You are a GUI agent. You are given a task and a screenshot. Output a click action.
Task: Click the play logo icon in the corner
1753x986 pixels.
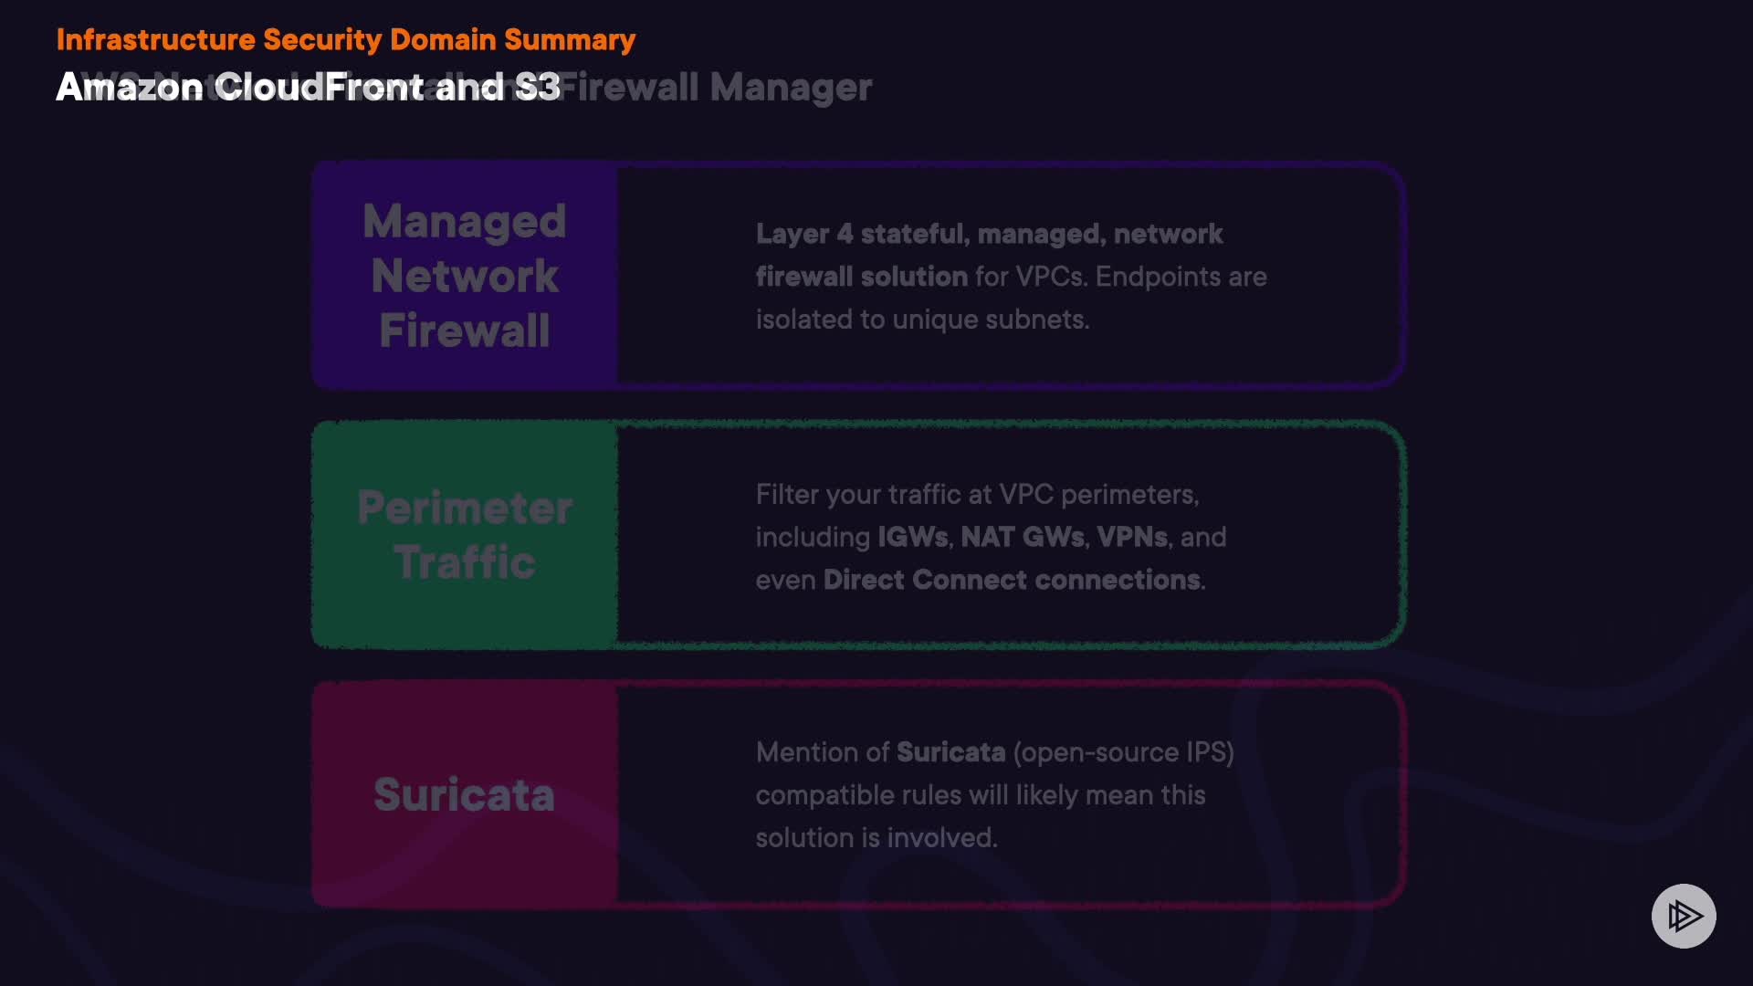pos(1684,916)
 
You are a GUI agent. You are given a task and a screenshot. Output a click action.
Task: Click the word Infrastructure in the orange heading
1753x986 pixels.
pos(155,40)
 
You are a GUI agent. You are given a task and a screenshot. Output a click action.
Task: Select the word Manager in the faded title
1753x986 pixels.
pos(791,88)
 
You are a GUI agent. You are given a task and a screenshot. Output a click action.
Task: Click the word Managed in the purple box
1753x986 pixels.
pos(465,222)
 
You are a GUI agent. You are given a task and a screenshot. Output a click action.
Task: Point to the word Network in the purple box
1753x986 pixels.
pos(465,276)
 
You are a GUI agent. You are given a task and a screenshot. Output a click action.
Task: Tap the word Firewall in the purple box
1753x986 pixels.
pos(465,330)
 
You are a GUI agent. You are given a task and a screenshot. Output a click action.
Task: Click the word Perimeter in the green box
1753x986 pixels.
pos(465,508)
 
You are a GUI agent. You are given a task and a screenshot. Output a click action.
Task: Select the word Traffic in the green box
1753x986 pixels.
pos(465,562)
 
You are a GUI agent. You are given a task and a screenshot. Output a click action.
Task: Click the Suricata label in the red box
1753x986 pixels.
pos(465,794)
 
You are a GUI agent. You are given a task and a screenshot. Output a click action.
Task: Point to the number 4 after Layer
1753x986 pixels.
pos(845,235)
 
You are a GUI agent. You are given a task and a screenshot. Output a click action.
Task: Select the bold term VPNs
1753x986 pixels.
pos(1132,537)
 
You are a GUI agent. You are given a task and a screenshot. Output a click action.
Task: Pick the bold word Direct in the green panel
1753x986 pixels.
pos(863,581)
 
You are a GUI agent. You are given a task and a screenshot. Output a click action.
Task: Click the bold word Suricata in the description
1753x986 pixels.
pos(950,752)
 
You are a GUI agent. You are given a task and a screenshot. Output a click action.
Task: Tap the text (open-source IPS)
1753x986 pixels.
pos(1123,752)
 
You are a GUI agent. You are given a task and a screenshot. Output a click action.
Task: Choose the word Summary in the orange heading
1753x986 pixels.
pos(570,40)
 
